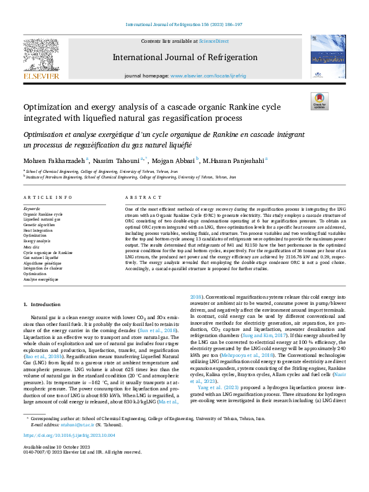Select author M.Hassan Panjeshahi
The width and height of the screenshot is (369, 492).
point(234,160)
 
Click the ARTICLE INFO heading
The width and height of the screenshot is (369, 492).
point(48,198)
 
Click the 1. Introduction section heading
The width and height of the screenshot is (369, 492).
point(43,305)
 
